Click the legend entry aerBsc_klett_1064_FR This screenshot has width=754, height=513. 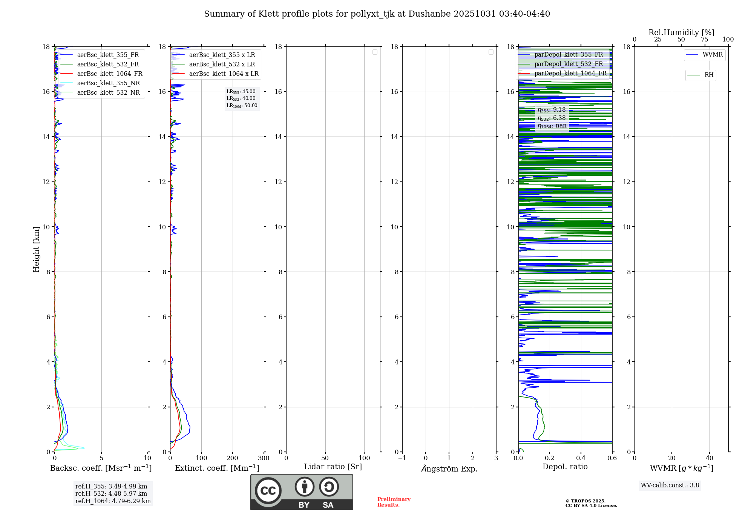pyautogui.click(x=109, y=74)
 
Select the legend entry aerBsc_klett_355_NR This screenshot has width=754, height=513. pyautogui.click(x=108, y=83)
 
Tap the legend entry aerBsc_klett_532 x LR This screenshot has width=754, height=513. pyautogui.click(x=222, y=65)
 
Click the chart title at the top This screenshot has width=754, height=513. pyautogui.click(x=377, y=14)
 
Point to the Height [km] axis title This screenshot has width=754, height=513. pyautogui.click(x=36, y=249)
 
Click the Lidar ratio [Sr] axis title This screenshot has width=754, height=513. pyautogui.click(x=333, y=467)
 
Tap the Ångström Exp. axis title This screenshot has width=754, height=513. pyautogui.click(x=449, y=469)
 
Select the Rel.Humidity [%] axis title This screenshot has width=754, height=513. pyautogui.click(x=681, y=32)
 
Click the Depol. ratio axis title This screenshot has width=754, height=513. pyautogui.click(x=565, y=467)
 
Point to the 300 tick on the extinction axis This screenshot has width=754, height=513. pyautogui.click(x=264, y=458)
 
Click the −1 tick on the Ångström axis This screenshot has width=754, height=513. pyautogui.click(x=402, y=458)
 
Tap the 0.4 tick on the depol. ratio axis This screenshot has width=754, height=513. pyautogui.click(x=581, y=458)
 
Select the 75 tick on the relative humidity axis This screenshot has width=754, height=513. pyautogui.click(x=704, y=40)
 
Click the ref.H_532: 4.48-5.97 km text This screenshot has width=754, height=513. pyautogui.click(x=111, y=494)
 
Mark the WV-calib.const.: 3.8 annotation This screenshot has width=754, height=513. pyautogui.click(x=670, y=485)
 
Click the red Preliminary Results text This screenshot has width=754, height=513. pyautogui.click(x=394, y=502)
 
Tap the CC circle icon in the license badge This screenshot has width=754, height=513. pyautogui.click(x=268, y=491)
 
